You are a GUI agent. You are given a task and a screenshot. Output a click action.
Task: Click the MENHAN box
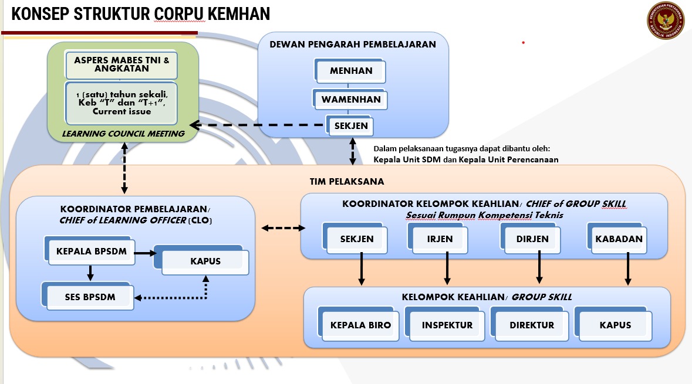[x=350, y=71]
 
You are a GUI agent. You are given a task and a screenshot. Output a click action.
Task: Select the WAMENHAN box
[x=350, y=99]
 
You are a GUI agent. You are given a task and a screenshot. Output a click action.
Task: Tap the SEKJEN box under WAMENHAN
[x=350, y=125]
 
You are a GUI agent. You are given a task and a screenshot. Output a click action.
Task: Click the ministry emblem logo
[x=666, y=21]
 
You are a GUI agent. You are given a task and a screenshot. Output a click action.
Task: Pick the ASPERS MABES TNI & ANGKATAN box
[x=121, y=64]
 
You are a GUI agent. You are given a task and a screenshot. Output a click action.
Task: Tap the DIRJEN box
[x=531, y=239]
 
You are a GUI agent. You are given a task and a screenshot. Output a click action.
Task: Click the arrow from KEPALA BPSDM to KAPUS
[x=145, y=253]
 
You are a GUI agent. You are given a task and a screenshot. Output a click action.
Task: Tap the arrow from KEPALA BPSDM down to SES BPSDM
[x=90, y=273]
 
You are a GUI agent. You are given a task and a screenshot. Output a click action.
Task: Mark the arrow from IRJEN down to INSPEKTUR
[x=447, y=269]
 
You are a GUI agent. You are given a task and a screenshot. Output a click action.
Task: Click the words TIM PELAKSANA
[x=347, y=182]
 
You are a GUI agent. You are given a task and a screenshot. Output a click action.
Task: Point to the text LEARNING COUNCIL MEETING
[x=123, y=134]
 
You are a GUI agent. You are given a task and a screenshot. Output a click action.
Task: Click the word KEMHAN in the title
[x=239, y=13]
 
